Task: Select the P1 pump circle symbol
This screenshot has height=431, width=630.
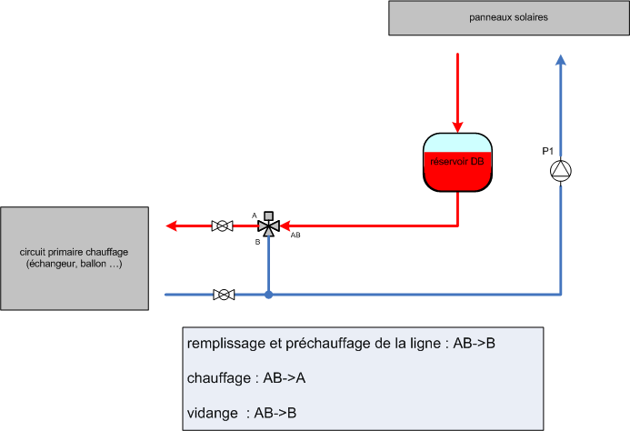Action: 561,170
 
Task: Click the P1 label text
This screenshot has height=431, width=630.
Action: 548,151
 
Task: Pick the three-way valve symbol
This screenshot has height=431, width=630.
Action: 268,225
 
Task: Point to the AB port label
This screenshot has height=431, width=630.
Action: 295,236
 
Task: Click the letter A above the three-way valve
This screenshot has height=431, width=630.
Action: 255,215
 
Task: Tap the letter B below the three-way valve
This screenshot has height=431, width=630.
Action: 257,242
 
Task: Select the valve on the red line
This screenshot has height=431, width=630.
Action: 222,226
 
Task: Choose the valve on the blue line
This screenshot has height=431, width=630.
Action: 223,295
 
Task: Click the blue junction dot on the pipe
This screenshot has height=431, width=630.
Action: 268,295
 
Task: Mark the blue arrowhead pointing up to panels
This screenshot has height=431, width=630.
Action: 561,60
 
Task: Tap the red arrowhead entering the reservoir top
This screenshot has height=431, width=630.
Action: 457,127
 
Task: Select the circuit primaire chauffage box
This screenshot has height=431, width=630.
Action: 75,257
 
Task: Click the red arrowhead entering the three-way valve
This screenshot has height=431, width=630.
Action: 285,226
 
